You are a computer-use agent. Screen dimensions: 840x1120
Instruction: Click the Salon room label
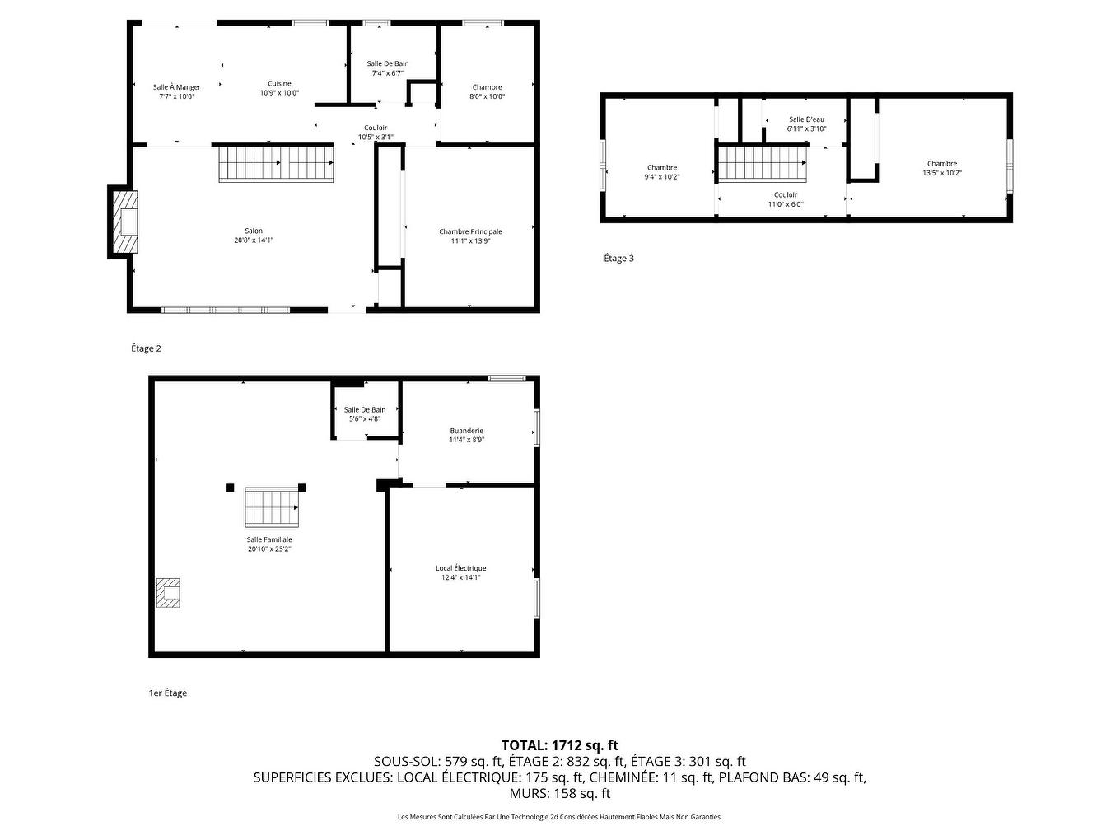click(253, 236)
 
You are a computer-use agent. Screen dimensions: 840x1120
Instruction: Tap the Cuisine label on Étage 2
click(279, 88)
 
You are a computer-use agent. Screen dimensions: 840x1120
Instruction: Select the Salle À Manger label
click(176, 91)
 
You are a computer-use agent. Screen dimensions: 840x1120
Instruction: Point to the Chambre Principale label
click(470, 236)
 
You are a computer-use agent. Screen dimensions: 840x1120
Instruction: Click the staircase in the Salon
click(275, 164)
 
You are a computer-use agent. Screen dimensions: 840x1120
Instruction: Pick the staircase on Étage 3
click(762, 163)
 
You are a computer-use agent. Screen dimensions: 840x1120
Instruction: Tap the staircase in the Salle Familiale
click(271, 507)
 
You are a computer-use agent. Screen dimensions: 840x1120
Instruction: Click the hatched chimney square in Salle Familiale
click(169, 592)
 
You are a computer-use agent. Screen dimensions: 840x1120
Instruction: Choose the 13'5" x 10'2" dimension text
click(942, 173)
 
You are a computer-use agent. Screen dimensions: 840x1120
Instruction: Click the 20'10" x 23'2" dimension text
click(269, 548)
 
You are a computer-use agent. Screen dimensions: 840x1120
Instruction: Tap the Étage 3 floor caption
click(618, 259)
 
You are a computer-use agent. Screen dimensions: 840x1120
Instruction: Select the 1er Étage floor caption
click(167, 693)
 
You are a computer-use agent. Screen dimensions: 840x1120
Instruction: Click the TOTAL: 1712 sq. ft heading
click(559, 746)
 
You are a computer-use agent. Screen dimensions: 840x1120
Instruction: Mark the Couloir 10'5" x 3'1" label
click(376, 133)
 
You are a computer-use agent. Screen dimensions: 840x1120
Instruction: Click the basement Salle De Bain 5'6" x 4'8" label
click(364, 414)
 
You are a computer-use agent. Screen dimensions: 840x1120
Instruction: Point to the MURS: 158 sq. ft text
click(559, 794)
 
